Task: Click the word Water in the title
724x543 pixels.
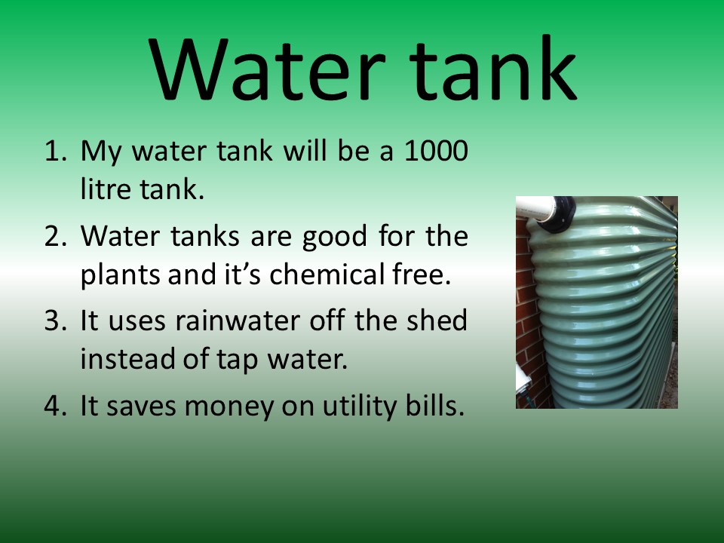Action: point(267,69)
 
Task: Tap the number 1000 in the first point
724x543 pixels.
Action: point(437,151)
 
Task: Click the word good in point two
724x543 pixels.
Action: point(334,238)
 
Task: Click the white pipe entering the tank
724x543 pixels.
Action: point(535,208)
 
